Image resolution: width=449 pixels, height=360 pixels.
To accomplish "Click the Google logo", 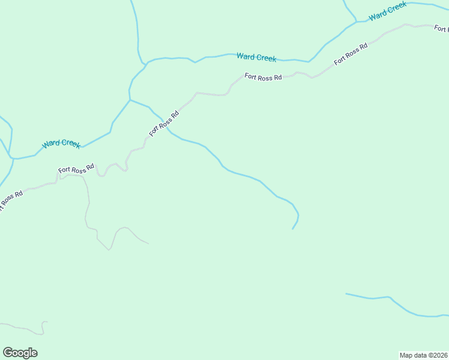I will pos(20,353).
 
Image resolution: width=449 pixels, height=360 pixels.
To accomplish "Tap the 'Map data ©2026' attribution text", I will pos(423,355).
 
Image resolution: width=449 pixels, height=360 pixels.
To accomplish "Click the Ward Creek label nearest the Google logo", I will pos(61,144).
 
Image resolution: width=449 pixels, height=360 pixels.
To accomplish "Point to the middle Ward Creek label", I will pos(256,57).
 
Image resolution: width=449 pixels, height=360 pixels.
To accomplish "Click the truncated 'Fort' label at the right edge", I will pos(441,28).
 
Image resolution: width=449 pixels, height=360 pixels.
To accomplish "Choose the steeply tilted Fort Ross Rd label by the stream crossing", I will pos(164,124).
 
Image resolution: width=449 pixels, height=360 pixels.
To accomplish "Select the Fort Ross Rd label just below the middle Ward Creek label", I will pos(263,77).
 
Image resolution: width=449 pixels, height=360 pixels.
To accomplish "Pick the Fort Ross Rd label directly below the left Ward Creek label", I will pos(76,170).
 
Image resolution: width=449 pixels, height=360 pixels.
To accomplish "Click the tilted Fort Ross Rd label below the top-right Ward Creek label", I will pos(351,55).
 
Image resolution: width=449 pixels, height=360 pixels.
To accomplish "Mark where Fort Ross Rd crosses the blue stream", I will pos(163,119).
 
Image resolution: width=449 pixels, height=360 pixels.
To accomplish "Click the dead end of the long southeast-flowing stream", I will pos(292,229).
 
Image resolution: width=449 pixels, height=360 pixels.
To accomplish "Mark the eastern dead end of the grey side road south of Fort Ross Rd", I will pos(148,244).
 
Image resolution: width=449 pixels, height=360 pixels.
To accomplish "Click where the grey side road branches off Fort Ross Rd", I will pos(59,178).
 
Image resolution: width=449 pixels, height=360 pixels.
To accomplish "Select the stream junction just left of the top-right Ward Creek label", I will pos(357,22).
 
